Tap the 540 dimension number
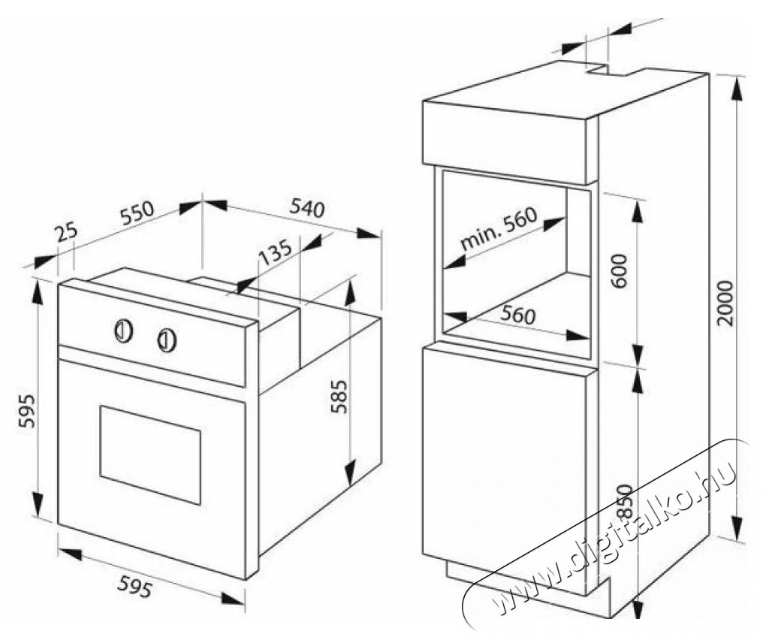[306, 208]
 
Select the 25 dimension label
[66, 232]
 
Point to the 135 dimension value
[275, 252]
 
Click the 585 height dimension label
[339, 396]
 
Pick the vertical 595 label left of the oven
[27, 411]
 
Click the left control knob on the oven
[123, 331]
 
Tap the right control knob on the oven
[167, 340]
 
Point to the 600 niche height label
[620, 270]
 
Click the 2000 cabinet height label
[725, 303]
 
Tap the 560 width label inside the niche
[517, 315]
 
